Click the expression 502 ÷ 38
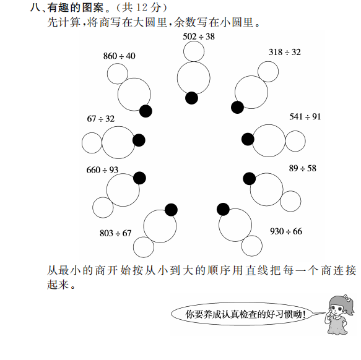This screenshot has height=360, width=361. point(199,36)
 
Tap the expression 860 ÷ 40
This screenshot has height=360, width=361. point(120,56)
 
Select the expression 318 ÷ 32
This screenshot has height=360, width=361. point(285,52)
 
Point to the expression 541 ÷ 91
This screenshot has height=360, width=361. point(305,117)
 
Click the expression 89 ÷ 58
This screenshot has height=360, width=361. point(303,168)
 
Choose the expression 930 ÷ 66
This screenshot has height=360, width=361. point(286,231)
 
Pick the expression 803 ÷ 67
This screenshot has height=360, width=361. point(116,233)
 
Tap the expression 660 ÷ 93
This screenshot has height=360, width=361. point(102,170)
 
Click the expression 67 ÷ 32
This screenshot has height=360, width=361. point(100,119)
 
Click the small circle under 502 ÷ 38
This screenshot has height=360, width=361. point(194,41)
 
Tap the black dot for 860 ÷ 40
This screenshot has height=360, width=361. point(146,111)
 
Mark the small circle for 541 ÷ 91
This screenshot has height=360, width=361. point(295,131)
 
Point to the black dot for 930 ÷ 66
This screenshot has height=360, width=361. point(223,209)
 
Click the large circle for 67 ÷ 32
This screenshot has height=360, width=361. point(118,126)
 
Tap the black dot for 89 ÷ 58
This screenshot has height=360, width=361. point(250,179)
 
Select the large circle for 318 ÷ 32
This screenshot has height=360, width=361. point(251,75)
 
